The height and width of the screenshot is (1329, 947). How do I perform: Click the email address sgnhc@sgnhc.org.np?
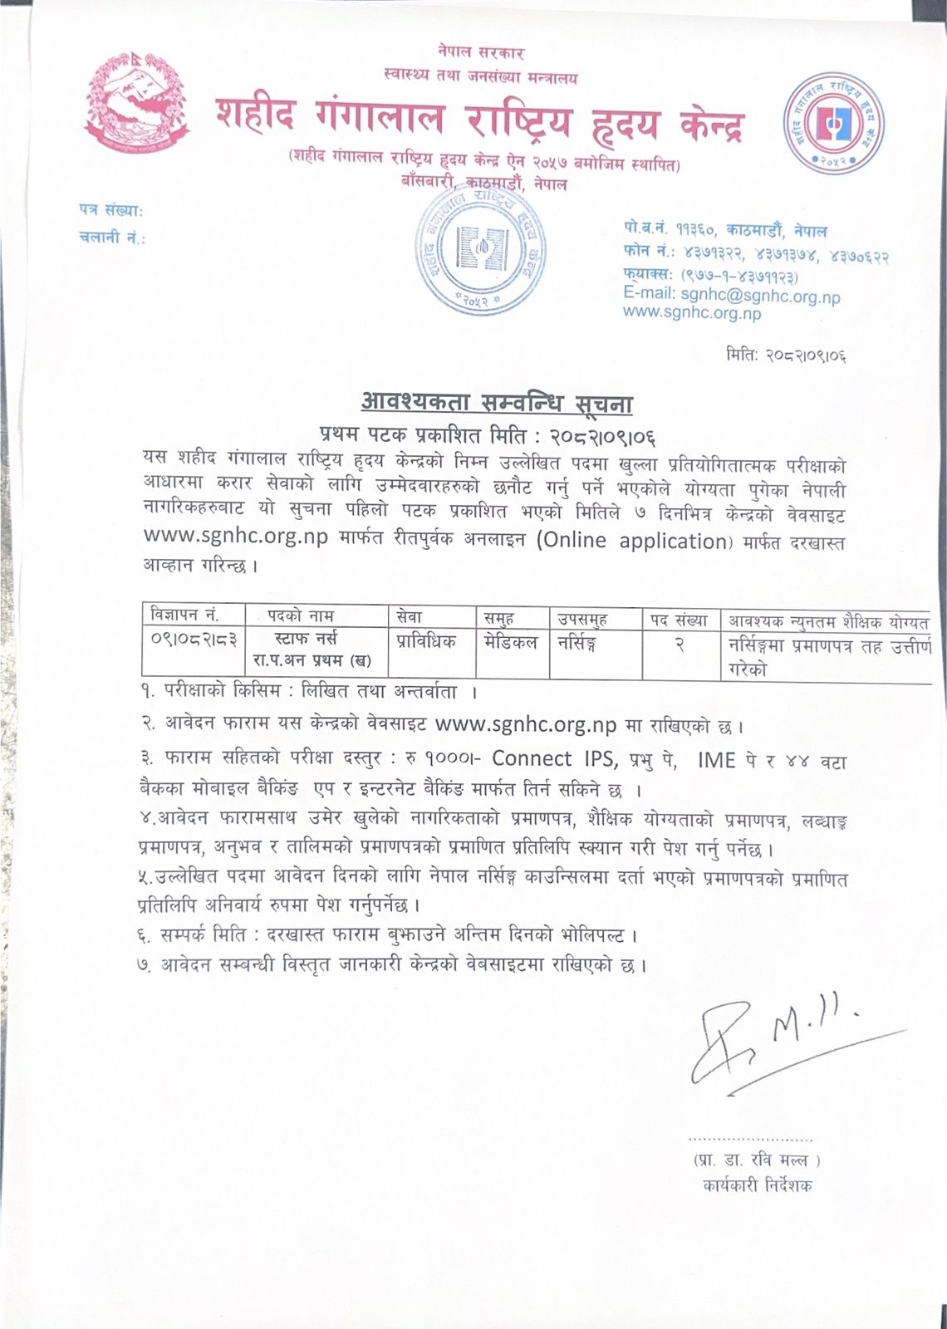760,296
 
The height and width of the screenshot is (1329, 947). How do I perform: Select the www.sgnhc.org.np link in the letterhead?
692,313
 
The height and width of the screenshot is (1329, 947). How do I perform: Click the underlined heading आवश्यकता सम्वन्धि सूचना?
497,405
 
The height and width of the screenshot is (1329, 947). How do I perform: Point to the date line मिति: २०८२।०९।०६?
785,356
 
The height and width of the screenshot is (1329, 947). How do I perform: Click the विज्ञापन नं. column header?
184,615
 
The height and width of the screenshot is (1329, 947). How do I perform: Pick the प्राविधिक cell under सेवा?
426,642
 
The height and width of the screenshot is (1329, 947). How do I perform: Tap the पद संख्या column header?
679,620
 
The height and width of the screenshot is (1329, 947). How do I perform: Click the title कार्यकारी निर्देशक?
756,1185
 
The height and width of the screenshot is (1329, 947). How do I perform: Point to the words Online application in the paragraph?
632,541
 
